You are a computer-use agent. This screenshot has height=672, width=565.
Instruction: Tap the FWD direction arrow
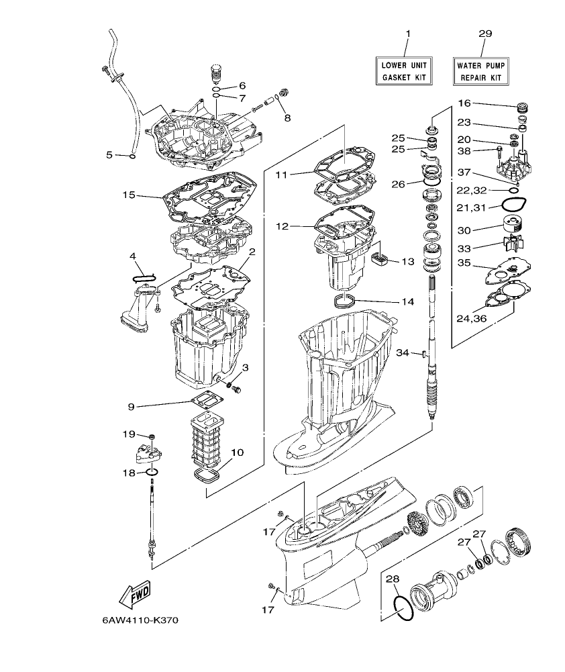point(136,594)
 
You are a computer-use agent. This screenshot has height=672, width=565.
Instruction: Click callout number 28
point(393,579)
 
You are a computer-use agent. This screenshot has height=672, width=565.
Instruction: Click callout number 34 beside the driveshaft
point(402,352)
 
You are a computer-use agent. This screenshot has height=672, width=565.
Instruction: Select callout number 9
point(132,406)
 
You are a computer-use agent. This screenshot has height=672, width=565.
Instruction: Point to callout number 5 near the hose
point(109,155)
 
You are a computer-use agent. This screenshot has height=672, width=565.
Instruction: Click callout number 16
point(465,103)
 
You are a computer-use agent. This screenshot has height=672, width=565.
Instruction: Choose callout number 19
point(128,434)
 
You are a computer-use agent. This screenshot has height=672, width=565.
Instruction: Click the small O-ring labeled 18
point(152,473)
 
